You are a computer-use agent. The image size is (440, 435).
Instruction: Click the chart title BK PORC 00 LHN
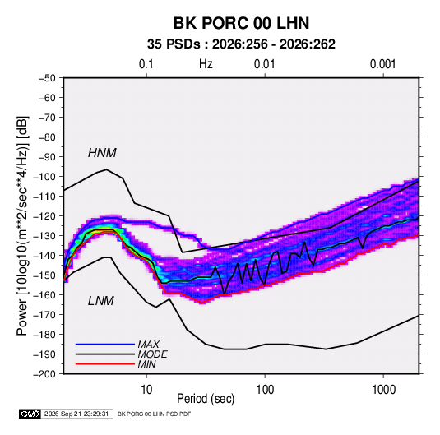(x=241, y=23)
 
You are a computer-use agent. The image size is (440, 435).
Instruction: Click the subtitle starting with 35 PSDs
(x=241, y=44)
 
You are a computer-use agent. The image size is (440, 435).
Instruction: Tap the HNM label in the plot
(x=102, y=153)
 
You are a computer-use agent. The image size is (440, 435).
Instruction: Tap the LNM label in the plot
(x=101, y=301)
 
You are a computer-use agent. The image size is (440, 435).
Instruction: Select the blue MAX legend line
(x=105, y=344)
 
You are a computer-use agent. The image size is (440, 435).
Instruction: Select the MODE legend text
(x=153, y=354)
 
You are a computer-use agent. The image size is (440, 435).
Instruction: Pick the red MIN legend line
(x=105, y=364)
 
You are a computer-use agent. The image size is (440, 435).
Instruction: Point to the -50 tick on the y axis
(x=47, y=78)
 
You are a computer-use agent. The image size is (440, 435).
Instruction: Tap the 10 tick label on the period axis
(x=146, y=390)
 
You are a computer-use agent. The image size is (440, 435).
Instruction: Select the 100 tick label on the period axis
(x=265, y=390)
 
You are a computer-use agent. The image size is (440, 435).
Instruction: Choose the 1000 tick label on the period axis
(x=383, y=390)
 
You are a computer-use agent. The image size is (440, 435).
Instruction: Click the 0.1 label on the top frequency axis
(x=146, y=64)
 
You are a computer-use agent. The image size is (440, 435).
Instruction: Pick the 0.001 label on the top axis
(x=382, y=64)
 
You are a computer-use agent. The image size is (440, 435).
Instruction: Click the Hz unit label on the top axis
(x=206, y=64)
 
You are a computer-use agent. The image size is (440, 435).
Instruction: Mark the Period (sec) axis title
(x=206, y=399)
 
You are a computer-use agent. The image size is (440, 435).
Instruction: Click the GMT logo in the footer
(x=30, y=414)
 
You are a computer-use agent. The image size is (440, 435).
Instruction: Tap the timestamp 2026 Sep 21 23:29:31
(x=76, y=414)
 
